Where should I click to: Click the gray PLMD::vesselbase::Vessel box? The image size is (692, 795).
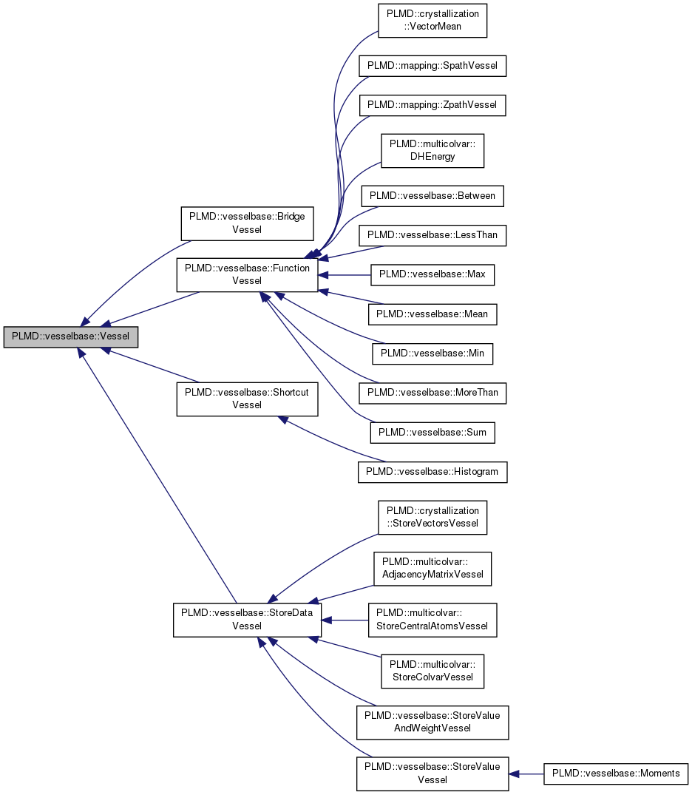tap(71, 336)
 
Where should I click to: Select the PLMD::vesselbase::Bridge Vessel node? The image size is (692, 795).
tap(247, 223)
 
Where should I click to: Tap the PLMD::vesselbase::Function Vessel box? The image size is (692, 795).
tap(247, 274)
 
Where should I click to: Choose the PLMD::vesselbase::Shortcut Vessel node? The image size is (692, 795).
tap(247, 398)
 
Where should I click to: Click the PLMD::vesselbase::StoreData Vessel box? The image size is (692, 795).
tap(247, 620)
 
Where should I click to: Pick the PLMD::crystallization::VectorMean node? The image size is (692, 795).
tap(432, 20)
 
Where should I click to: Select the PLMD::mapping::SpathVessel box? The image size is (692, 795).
tap(432, 66)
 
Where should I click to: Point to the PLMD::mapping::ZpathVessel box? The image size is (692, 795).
tap(432, 105)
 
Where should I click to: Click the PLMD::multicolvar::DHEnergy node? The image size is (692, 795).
tap(432, 150)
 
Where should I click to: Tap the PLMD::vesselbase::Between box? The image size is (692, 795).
tap(432, 196)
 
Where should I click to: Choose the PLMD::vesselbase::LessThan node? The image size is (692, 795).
tap(432, 236)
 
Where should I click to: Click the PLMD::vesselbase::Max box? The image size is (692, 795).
tap(432, 274)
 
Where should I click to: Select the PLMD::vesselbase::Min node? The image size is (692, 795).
tap(432, 353)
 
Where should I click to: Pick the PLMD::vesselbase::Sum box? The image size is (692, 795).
tap(432, 432)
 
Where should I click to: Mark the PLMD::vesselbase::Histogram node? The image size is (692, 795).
tap(432, 472)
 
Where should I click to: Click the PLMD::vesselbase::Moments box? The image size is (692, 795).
tap(616, 774)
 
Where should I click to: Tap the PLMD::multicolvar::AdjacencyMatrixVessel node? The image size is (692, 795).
tap(432, 568)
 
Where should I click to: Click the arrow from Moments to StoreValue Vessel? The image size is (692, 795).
tap(526, 774)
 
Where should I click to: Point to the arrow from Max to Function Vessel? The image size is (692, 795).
tap(344, 274)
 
